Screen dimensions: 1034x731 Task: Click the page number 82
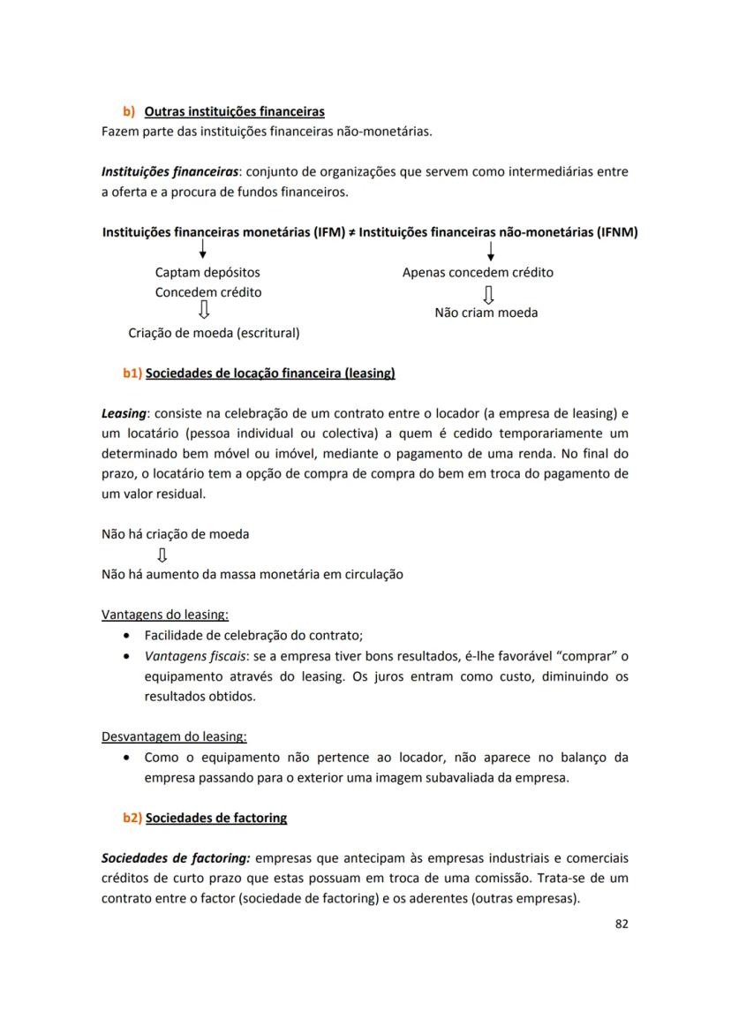pos(621,925)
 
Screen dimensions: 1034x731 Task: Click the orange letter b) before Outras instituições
pos(129,112)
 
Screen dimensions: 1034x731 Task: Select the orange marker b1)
pos(132,374)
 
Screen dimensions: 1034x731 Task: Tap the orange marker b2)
pos(132,819)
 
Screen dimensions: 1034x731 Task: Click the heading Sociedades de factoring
pos(216,819)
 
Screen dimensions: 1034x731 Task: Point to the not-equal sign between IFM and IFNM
pos(351,233)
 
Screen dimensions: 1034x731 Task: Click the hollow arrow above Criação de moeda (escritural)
pos(203,311)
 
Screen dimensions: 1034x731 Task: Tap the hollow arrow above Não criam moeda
pos(487,292)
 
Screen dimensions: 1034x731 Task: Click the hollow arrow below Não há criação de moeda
pos(162,555)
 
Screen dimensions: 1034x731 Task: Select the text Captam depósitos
pos(207,273)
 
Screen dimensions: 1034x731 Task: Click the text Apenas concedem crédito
pos(478,273)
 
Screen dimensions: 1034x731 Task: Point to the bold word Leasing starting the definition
pos(124,413)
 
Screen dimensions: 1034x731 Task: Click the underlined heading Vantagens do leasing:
pos(165,615)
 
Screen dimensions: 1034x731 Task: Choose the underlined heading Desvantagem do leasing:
pos(174,736)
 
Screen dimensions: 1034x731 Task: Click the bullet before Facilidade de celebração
pos(129,636)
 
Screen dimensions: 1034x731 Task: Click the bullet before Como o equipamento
pos(129,758)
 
